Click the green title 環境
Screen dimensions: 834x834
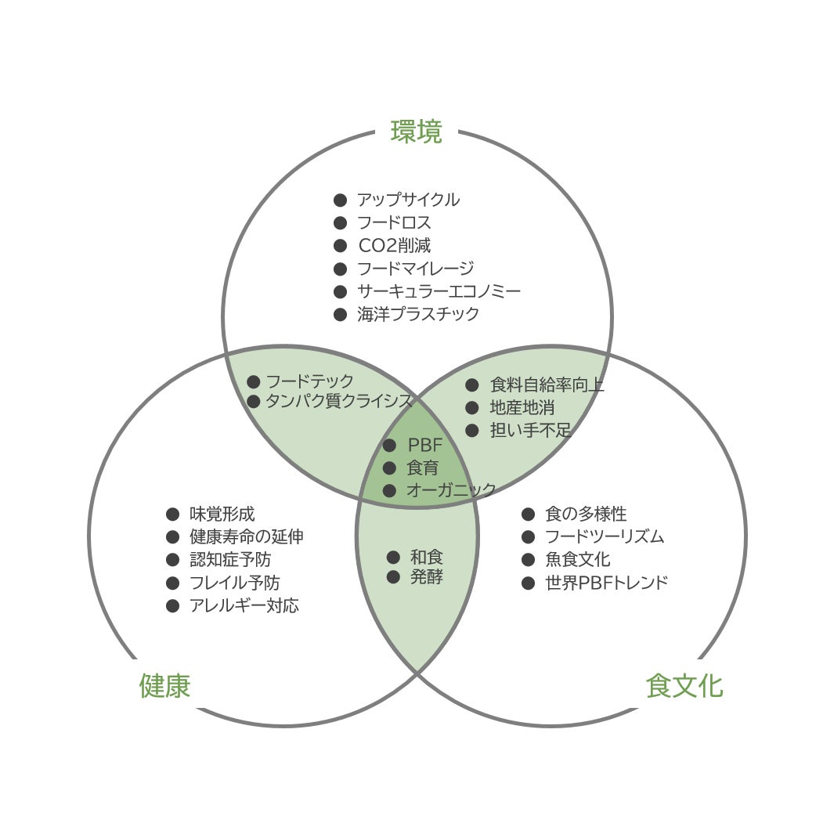tap(416, 132)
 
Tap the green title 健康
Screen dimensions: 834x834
tap(164, 685)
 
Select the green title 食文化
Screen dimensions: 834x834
tap(684, 685)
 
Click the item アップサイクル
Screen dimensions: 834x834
tap(408, 200)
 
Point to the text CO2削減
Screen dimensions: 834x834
tap(395, 246)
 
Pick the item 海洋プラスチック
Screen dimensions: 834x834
tap(418, 314)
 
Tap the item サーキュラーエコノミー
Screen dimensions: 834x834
tap(439, 291)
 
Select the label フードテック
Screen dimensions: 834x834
tap(310, 381)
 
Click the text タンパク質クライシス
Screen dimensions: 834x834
tap(339, 402)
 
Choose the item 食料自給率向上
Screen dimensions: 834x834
tap(547, 385)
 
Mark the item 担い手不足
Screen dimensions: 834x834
tap(530, 430)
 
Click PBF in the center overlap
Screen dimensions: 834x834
tap(425, 446)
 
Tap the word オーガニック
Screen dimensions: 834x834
tap(451, 491)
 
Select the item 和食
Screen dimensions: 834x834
tap(427, 557)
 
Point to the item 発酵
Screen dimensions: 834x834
tap(427, 578)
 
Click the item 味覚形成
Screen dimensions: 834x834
tap(222, 514)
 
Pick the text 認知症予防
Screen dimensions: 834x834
tap(230, 560)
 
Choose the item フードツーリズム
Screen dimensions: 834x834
tap(605, 537)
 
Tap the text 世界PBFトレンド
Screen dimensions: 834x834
tap(606, 583)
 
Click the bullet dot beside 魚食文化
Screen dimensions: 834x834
tap(529, 560)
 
